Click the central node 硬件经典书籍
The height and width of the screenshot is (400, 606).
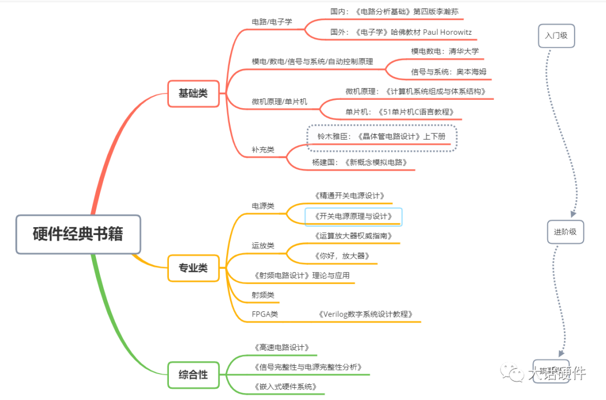tap(78, 234)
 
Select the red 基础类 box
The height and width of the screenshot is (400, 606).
tap(193, 93)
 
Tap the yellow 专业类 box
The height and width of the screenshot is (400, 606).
tap(193, 268)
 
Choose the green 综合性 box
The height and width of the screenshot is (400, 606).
tap(193, 375)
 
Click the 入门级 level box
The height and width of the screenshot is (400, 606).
tap(556, 35)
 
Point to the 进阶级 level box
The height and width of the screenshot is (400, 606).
tap(565, 231)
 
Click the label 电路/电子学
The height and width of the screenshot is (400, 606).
tap(272, 22)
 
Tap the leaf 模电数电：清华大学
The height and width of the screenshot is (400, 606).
tap(445, 51)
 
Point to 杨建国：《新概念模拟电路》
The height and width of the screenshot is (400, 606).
tap(360, 162)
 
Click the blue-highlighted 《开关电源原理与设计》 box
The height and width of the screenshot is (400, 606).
tap(353, 216)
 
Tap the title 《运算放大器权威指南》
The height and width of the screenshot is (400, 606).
tap(353, 236)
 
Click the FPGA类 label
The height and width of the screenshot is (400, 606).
tap(265, 314)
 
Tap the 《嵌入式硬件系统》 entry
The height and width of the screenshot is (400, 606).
tap(285, 387)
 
